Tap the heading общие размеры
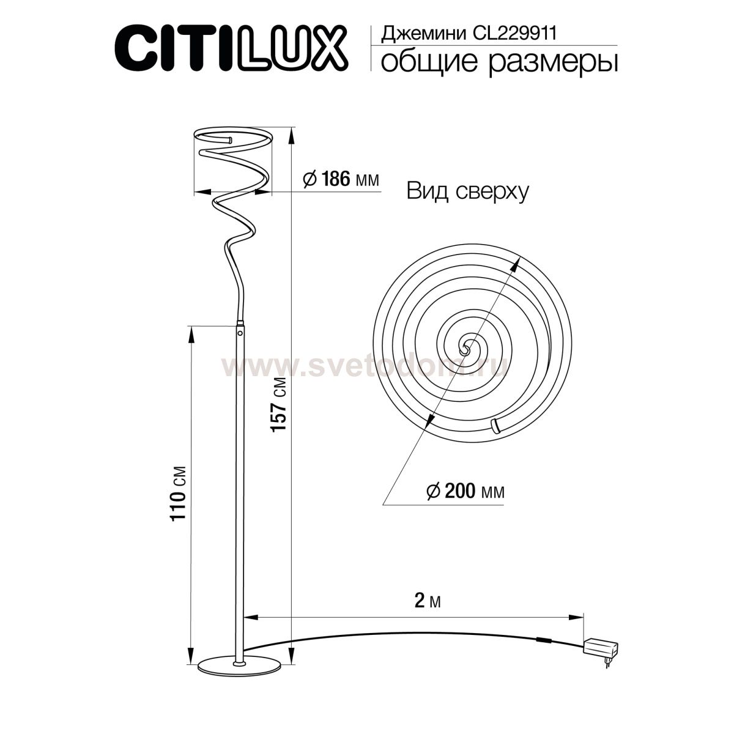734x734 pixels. pyautogui.click(x=498, y=62)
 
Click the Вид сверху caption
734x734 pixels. pyautogui.click(x=467, y=192)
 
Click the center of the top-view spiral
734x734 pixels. pyautogui.click(x=465, y=347)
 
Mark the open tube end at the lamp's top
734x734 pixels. pyautogui.click(x=229, y=141)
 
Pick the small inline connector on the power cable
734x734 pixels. pyautogui.click(x=543, y=641)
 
